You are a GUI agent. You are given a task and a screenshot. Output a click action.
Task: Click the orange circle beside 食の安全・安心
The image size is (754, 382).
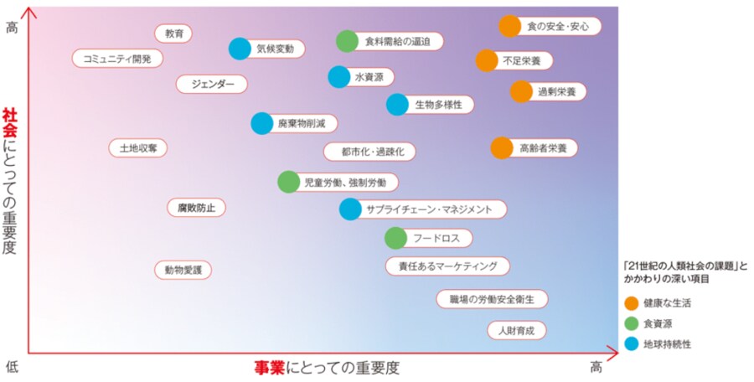pyautogui.click(x=509, y=26)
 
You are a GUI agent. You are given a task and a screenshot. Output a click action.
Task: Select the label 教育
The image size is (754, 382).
pyautogui.click(x=173, y=34)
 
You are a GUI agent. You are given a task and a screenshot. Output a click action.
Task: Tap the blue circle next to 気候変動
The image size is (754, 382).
pyautogui.click(x=240, y=49)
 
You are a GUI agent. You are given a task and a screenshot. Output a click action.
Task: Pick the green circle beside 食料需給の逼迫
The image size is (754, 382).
pyautogui.click(x=347, y=41)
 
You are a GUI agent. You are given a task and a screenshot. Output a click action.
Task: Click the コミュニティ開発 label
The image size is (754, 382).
pyautogui.click(x=117, y=59)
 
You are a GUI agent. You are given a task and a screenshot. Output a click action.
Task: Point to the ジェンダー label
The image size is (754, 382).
pyautogui.click(x=212, y=85)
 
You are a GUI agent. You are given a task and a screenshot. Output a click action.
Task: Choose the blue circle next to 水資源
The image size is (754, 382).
pyautogui.click(x=339, y=77)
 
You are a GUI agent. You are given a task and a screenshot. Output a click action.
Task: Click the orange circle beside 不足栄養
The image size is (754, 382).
pyautogui.click(x=487, y=60)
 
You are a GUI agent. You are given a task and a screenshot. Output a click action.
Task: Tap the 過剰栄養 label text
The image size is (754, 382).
pyautogui.click(x=557, y=92)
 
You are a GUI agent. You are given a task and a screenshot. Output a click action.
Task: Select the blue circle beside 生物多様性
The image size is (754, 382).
pyautogui.click(x=397, y=105)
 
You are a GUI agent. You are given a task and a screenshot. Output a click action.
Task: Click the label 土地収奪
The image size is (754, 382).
pyautogui.click(x=138, y=147)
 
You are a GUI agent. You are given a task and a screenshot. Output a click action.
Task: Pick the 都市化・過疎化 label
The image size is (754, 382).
pyautogui.click(x=369, y=152)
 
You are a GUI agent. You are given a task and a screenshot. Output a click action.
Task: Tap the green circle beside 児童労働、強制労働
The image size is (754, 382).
pyautogui.click(x=288, y=183)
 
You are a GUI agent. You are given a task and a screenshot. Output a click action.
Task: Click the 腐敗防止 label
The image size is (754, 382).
pyautogui.click(x=196, y=208)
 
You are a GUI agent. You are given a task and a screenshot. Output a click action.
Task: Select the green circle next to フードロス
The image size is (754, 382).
pyautogui.click(x=395, y=238)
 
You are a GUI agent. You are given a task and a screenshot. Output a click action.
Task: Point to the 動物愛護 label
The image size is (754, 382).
pyautogui.click(x=183, y=270)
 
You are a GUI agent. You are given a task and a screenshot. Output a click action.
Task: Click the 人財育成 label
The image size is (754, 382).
pyautogui.click(x=516, y=331)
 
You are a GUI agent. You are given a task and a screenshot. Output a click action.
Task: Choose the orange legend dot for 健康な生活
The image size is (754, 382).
pyautogui.click(x=632, y=303)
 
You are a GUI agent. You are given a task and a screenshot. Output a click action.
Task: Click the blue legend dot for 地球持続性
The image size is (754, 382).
pyautogui.click(x=632, y=343)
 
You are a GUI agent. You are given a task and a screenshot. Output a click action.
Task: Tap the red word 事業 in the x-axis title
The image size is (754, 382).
pyautogui.click(x=269, y=368)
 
